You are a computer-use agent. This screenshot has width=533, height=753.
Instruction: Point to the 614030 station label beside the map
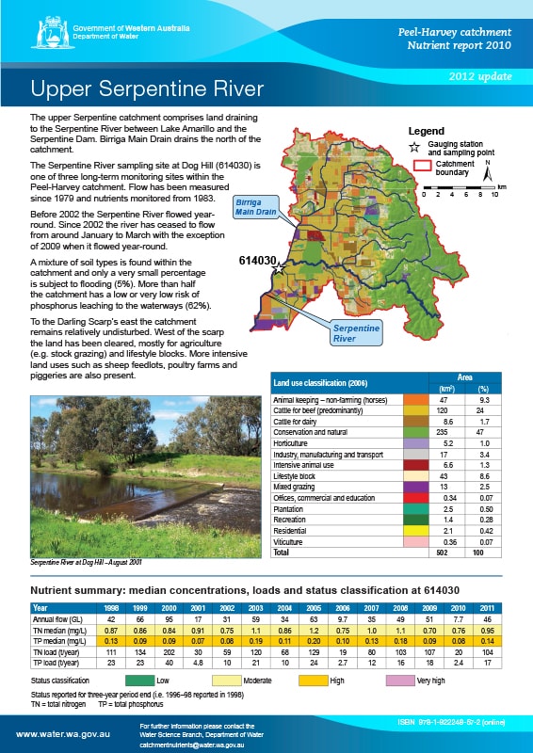[x=257, y=262]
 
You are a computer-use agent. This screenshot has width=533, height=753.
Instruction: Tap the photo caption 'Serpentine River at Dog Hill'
[x=88, y=561]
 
